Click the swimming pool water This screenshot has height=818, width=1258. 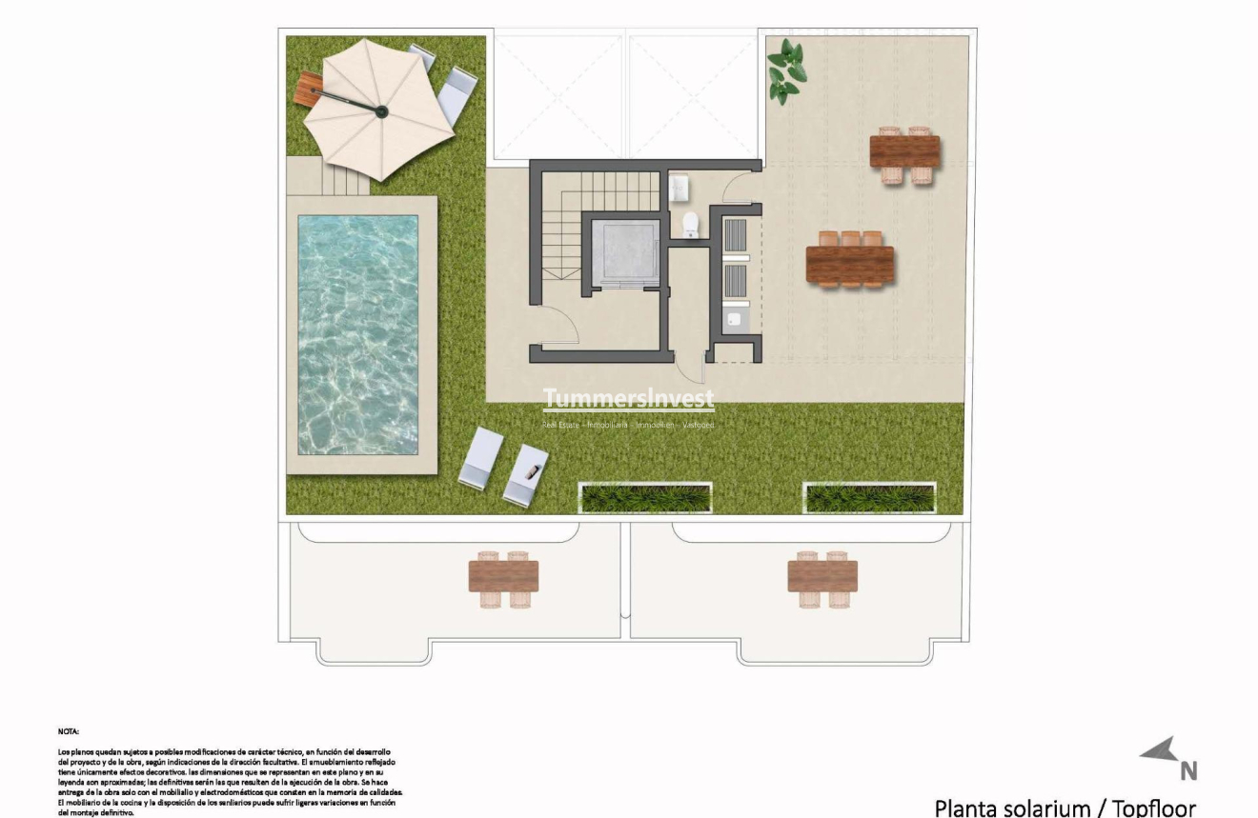tap(357, 333)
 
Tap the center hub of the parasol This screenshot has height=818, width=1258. tap(381, 111)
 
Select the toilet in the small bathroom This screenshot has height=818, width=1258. tap(692, 225)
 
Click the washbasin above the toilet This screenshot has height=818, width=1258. tap(680, 189)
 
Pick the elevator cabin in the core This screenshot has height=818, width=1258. tap(625, 252)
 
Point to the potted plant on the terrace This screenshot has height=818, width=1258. tap(786, 71)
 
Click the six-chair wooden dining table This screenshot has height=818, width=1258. tap(849, 266)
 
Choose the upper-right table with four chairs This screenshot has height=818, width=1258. tap(904, 151)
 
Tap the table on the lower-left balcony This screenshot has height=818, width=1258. tap(503, 576)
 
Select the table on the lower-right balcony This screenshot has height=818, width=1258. tap(822, 576)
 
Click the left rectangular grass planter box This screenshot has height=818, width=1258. tap(645, 497)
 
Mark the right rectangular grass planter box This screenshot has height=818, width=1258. tap(869, 497)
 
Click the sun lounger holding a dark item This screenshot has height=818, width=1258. tap(526, 474)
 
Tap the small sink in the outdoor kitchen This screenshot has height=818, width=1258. tap(734, 318)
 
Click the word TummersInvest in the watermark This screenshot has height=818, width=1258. tap(628, 398)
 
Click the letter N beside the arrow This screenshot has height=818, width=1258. tap(1188, 770)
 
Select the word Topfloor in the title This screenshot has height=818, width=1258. tap(1154, 808)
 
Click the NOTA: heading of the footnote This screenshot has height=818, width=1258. tap(68, 731)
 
